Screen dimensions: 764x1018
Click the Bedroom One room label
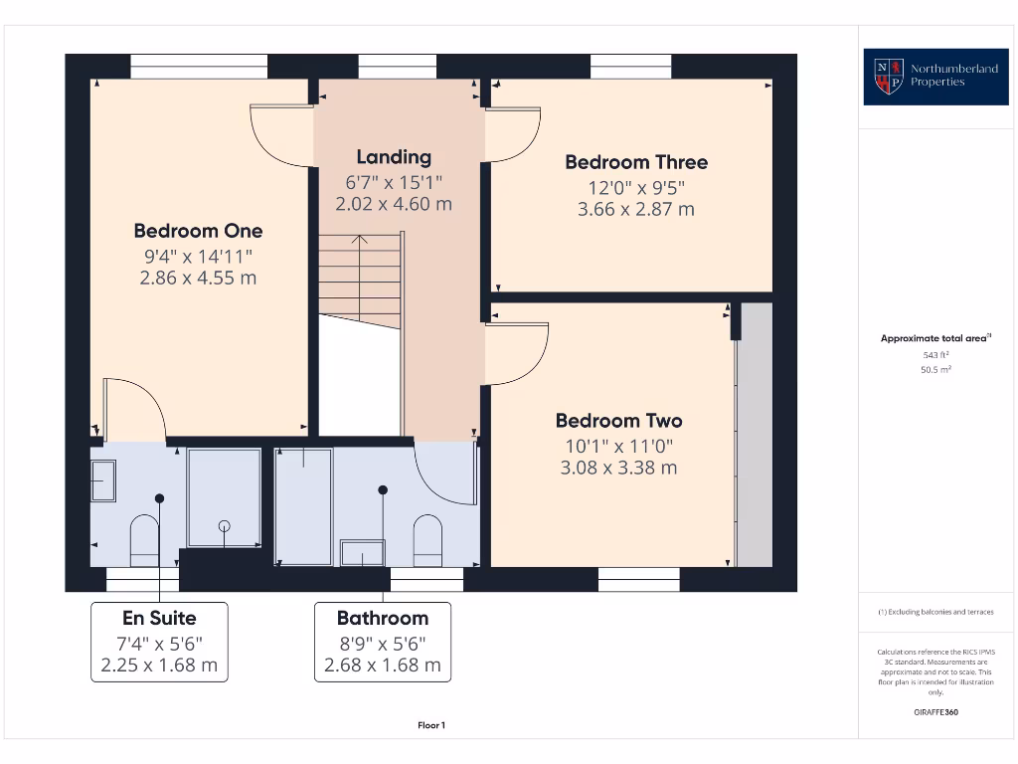tap(198, 231)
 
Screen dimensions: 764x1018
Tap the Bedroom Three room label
tap(636, 162)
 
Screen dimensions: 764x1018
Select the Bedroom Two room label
tap(618, 420)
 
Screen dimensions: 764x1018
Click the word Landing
tap(394, 156)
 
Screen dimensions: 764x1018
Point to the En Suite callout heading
tap(159, 618)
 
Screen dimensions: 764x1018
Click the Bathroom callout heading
tap(383, 618)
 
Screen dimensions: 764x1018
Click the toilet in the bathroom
tap(427, 539)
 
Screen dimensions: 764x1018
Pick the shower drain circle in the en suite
tap(225, 525)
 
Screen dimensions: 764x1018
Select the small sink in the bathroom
tap(362, 552)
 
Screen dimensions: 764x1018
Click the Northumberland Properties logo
tap(923, 76)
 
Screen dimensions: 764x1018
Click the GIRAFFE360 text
tap(935, 712)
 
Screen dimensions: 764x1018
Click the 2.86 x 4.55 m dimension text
tap(198, 278)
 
